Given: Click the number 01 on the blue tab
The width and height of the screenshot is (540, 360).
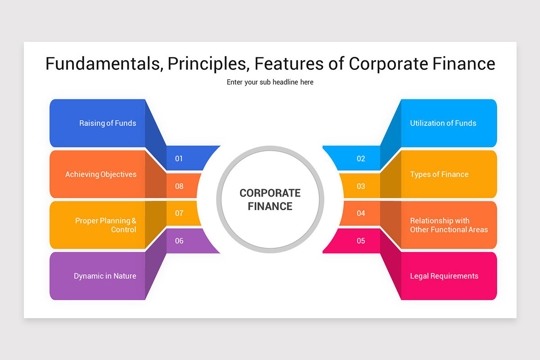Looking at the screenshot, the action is (x=179, y=159).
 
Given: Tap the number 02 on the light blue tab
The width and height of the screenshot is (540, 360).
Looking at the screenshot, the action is (x=361, y=159).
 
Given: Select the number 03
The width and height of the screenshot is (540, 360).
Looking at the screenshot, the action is (x=361, y=186).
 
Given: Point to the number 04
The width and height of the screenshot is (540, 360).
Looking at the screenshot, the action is (x=361, y=213).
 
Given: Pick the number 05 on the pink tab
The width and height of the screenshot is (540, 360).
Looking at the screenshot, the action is (x=361, y=241).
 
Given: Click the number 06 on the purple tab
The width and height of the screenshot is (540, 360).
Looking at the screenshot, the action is (x=179, y=241).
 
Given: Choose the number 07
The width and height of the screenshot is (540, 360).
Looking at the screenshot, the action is (x=179, y=213).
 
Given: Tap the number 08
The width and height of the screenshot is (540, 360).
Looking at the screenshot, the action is (x=179, y=186).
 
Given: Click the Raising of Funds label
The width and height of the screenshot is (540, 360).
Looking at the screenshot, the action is (x=108, y=123).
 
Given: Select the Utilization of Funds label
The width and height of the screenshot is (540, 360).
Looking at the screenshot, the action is (x=443, y=123).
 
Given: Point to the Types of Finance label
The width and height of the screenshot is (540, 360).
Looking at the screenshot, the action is (x=439, y=174).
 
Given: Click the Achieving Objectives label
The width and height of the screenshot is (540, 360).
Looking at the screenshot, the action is (x=101, y=174).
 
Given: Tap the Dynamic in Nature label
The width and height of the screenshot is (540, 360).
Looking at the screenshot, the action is (x=105, y=276).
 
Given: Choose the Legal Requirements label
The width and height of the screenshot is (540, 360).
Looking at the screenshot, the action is (x=444, y=276).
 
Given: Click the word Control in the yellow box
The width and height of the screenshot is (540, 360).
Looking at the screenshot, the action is (x=124, y=229).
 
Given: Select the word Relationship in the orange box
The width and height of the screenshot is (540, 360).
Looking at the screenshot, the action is (x=428, y=220).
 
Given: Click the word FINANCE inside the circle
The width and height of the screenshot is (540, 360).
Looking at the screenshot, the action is (x=270, y=207).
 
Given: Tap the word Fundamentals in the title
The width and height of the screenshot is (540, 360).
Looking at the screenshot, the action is (x=103, y=64).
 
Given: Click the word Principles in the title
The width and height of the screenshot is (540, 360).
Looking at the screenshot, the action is (x=208, y=64).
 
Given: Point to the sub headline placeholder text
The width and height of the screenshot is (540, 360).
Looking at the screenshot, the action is (x=270, y=82).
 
